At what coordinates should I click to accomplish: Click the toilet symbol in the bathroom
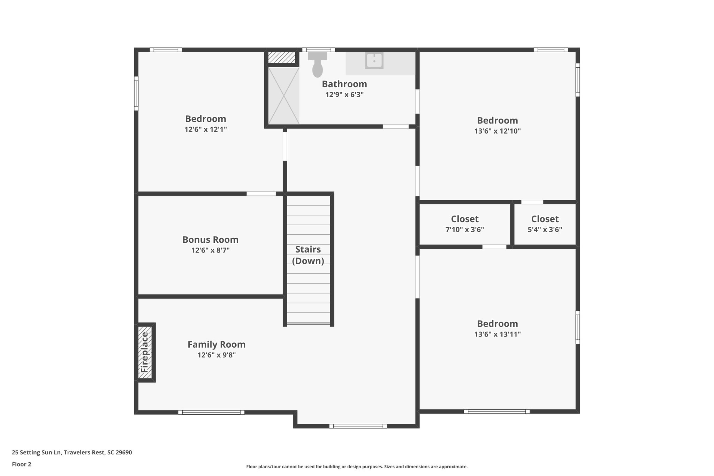click(x=317, y=66)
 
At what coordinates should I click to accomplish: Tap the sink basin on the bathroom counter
click(x=374, y=61)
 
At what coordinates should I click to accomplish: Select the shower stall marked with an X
click(x=283, y=96)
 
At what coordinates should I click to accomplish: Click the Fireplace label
click(x=144, y=352)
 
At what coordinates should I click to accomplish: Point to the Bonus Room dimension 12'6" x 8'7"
click(x=210, y=250)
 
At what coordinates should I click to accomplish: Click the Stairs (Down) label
click(x=308, y=255)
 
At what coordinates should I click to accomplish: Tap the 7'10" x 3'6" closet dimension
click(x=464, y=230)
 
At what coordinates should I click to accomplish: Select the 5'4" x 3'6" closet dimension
click(x=545, y=230)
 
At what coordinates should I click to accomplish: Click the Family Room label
click(x=217, y=345)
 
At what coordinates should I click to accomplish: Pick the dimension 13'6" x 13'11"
click(x=497, y=334)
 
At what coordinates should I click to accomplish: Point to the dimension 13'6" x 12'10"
click(x=497, y=131)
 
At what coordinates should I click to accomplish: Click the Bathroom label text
click(x=344, y=84)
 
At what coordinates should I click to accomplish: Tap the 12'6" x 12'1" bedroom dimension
click(x=206, y=129)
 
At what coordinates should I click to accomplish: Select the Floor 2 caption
click(x=22, y=464)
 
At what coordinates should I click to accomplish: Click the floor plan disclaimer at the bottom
click(x=357, y=467)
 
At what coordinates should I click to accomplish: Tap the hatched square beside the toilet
click(x=282, y=58)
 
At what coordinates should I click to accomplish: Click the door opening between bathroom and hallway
click(x=396, y=127)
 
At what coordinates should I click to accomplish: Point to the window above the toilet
click(x=318, y=50)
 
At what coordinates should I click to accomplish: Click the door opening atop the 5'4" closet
click(x=532, y=202)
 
